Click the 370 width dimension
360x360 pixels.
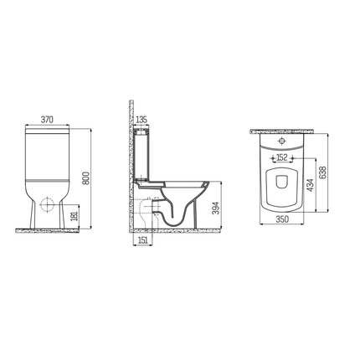[48, 120]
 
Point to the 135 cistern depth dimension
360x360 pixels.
[141, 120]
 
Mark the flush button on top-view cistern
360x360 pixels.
[280, 142]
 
